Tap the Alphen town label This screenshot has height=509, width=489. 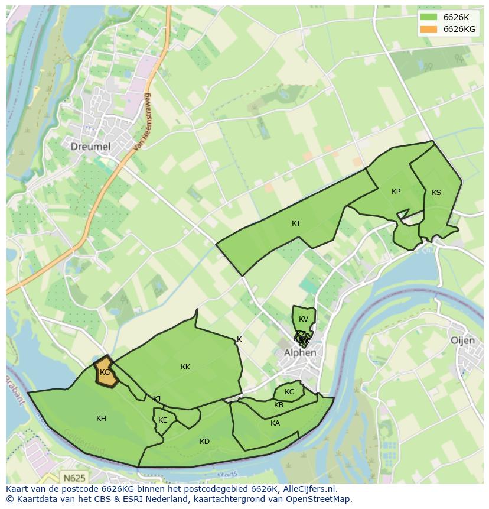pos(300,353)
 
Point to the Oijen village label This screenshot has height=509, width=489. pos(462,341)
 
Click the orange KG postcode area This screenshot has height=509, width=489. pos(105,372)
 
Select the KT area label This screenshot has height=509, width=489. pos(296,223)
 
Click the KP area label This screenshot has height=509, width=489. pos(396,192)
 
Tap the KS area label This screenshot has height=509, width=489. pos(436,193)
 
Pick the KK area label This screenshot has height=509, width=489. pos(185,367)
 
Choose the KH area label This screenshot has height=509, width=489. pos(101,419)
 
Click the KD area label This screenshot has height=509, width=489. pos(204,442)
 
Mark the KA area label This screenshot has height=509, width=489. pos(275,423)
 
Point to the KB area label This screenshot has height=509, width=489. pos(279,405)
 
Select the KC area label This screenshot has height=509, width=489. pos(289,392)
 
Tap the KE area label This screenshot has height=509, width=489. pos(163,420)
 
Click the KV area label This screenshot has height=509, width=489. pos(304,319)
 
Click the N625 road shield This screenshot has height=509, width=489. pos(74,477)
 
